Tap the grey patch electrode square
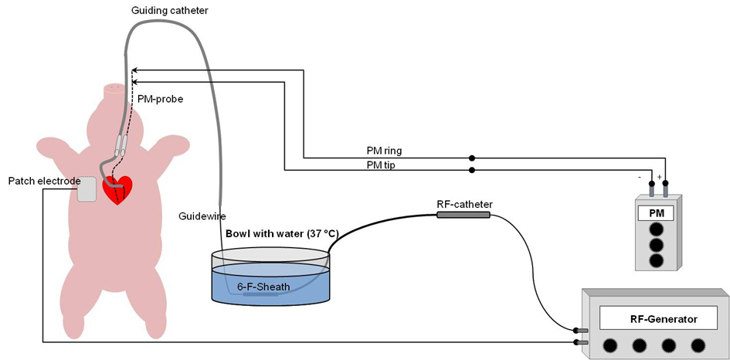coord(87,189)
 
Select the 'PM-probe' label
coord(160,98)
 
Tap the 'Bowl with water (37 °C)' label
coord(282,233)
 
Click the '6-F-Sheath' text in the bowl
coord(263,287)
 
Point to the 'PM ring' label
coord(384,149)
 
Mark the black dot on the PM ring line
coord(472,157)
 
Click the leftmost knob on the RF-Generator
coord(610,345)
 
